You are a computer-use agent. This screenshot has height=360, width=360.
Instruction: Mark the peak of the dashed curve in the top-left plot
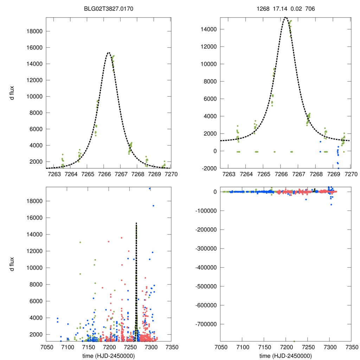tap(108, 53)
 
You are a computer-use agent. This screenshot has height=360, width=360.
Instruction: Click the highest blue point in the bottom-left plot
tap(149, 188)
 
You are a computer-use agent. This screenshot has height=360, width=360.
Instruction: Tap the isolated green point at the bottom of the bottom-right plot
tap(294, 341)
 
